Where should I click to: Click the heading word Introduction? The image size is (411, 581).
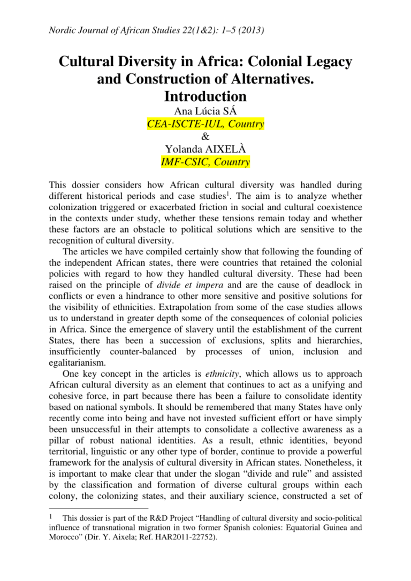[x=205, y=97]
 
